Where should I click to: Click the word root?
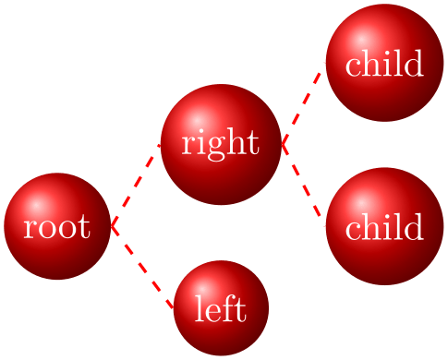[x=57, y=227]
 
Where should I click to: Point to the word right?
[x=220, y=145]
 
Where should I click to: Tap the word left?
[x=221, y=309]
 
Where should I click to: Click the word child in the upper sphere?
[x=384, y=65]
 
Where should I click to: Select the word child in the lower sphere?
[x=384, y=228]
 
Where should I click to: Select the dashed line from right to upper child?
[x=303, y=102]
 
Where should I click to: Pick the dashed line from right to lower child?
[x=303, y=185]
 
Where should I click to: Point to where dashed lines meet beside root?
[x=111, y=225]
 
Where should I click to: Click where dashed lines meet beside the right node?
[x=282, y=144]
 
